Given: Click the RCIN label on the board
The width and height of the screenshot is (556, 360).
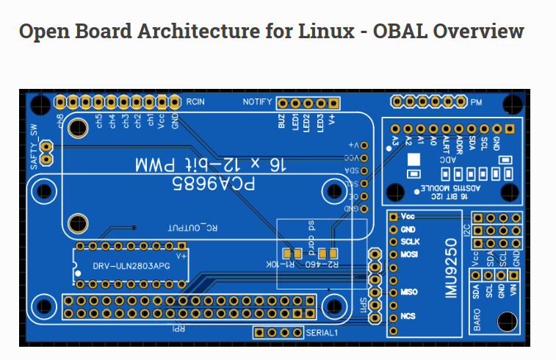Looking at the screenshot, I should coord(195,101).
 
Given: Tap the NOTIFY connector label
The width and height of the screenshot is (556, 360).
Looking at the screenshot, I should coord(258,101).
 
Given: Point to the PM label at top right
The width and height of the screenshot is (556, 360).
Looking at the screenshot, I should coord(476,102).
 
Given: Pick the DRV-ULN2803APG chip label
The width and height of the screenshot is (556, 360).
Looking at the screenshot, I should coord(131,265).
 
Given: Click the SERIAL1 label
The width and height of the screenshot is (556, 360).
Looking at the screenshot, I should coord(321,333).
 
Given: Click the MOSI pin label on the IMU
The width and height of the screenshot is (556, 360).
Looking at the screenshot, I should coord(409,254).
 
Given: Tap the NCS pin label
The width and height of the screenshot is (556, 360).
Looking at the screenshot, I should coord(408,317).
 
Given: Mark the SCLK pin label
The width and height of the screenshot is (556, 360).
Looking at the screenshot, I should coord(410,241).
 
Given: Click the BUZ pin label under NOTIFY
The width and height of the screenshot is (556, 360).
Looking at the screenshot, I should coord(281,121).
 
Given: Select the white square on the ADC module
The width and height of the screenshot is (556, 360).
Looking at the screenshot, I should coord(414,159).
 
